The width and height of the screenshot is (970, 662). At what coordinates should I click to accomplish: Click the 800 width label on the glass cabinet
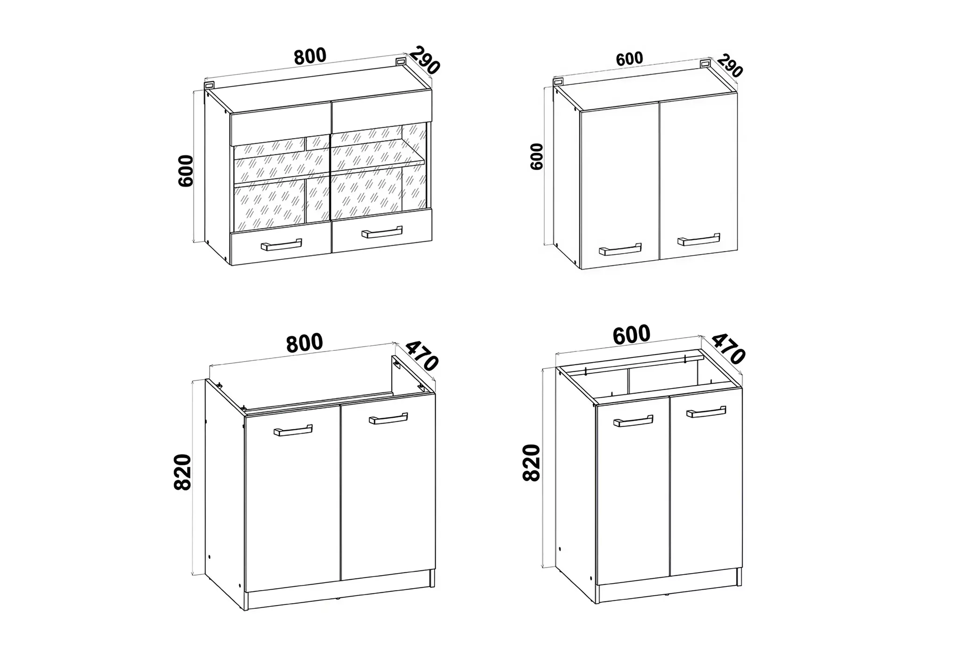[x=310, y=56]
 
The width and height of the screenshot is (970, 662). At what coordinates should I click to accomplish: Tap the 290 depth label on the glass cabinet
[x=425, y=60]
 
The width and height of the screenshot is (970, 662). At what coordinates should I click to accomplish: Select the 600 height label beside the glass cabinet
[x=186, y=171]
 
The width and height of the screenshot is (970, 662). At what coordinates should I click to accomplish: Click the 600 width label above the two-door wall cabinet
[x=629, y=59]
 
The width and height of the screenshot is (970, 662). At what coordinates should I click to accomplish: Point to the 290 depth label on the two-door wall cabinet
[x=730, y=66]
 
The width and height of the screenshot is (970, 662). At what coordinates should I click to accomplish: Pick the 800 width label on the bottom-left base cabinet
[x=304, y=343]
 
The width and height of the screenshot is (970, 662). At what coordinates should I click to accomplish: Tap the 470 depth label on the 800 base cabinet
[x=422, y=356]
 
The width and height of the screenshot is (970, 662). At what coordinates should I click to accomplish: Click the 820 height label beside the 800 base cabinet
[x=183, y=472]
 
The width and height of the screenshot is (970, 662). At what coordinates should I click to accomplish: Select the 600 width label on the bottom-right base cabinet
[x=631, y=335]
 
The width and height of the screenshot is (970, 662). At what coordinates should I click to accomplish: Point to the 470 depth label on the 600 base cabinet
[x=728, y=349]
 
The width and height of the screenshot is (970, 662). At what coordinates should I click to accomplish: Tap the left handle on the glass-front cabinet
[x=281, y=245]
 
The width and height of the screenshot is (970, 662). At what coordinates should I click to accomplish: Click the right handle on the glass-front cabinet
[x=382, y=232]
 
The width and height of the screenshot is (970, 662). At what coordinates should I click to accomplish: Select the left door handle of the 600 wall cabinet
[x=620, y=249]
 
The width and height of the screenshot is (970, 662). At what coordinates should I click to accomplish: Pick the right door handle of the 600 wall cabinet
[x=699, y=239]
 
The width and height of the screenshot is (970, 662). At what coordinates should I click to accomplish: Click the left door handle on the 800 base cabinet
[x=293, y=430]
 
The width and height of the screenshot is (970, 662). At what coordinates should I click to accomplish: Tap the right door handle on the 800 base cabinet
[x=388, y=419]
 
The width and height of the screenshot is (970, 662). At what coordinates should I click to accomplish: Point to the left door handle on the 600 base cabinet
[x=633, y=421]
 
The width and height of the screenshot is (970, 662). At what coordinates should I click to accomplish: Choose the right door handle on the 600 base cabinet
[x=706, y=412]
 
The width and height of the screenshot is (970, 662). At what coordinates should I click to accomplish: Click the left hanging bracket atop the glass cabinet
[x=209, y=85]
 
